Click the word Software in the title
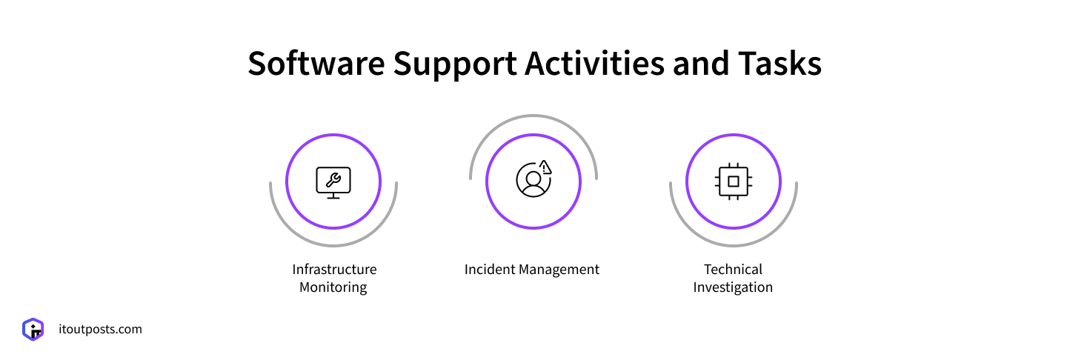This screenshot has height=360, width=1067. (316, 64)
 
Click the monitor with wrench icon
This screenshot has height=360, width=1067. (333, 181)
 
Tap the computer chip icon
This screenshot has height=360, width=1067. (734, 181)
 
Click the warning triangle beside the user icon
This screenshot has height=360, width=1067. (546, 167)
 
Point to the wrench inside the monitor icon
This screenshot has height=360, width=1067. (333, 179)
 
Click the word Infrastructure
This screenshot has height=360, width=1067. (334, 270)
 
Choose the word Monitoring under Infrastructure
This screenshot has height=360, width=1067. (333, 287)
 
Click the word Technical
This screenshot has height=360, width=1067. (733, 270)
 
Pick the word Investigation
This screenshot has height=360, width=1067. (733, 287)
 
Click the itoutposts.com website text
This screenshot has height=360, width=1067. (100, 329)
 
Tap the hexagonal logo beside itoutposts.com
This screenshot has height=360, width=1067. (33, 329)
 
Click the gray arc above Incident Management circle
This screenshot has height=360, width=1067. (533, 118)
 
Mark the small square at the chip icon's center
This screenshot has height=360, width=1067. (734, 181)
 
